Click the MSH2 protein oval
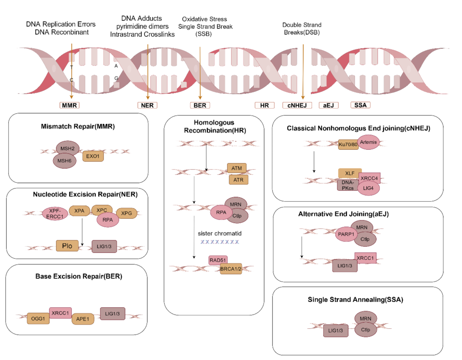click(x=67, y=148)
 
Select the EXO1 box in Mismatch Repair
click(x=93, y=156)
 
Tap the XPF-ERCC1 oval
click(x=55, y=213)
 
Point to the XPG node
click(x=127, y=213)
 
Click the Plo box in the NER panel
click(x=67, y=246)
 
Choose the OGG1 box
click(x=38, y=318)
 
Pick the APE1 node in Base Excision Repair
click(x=83, y=319)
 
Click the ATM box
click(x=237, y=168)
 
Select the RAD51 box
click(x=218, y=260)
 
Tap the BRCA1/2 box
click(x=231, y=269)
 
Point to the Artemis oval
click(x=368, y=142)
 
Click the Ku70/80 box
click(x=348, y=145)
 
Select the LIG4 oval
click(x=368, y=188)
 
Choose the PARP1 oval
click(x=346, y=234)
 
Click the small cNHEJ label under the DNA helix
click(x=297, y=105)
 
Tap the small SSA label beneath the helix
click(x=360, y=105)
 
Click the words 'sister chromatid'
click(x=219, y=233)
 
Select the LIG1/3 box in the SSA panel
click(x=336, y=330)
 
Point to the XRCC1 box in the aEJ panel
click(x=365, y=258)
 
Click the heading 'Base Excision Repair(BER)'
click(x=79, y=276)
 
